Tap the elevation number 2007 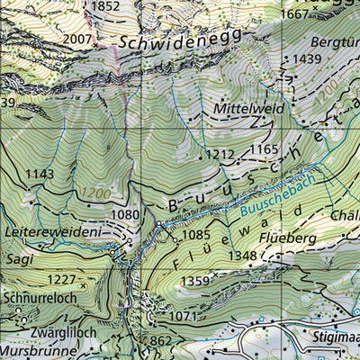point(78,40)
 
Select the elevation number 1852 point(105,6)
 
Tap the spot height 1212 point(219,154)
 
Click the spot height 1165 point(264,148)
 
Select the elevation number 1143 point(40,173)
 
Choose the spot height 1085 point(195,235)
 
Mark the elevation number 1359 point(195,282)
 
